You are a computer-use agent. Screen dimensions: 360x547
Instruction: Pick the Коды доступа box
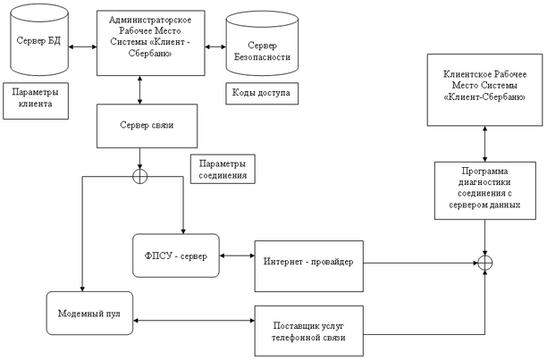tap(260, 93)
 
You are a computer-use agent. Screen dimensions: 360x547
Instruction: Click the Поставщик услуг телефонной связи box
tap(307, 330)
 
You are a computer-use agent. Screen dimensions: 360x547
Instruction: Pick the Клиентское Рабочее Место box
tap(484, 89)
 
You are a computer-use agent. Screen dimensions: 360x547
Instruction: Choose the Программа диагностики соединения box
tap(484, 190)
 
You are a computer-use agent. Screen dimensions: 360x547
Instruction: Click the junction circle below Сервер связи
tap(139, 175)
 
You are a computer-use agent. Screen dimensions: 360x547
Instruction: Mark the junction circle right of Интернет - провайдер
tap(485, 263)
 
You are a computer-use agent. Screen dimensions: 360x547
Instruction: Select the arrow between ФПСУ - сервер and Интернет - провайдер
tap(231, 257)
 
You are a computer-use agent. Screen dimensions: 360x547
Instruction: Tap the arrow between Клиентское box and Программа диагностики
tap(484, 144)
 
